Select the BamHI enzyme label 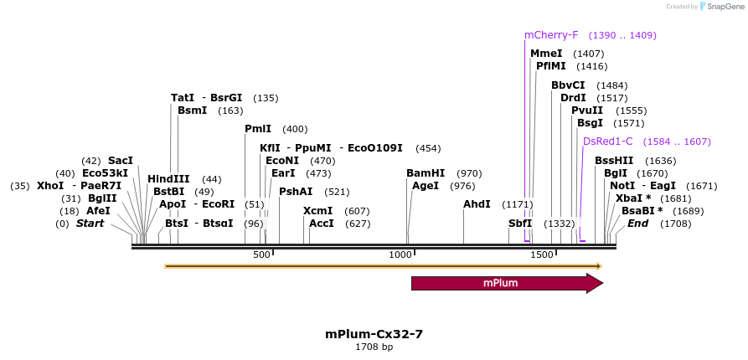coord(426,173)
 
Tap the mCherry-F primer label coord(551,35)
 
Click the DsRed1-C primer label coord(608,141)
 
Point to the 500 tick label coord(261,255)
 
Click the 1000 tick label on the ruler coord(401,255)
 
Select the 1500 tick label coord(542,255)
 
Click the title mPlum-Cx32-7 coord(374,333)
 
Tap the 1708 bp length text coord(374,347)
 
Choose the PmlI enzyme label coord(258,129)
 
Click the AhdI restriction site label coord(477,204)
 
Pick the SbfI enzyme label coord(520,224)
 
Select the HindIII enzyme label coord(168,179)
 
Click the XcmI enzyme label coord(318,211)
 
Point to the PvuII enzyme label coord(587,111)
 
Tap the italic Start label coord(90,224)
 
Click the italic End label coord(638,224)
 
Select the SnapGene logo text coord(721,7)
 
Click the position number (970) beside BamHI coord(469,173)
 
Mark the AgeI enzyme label coord(426,186)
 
